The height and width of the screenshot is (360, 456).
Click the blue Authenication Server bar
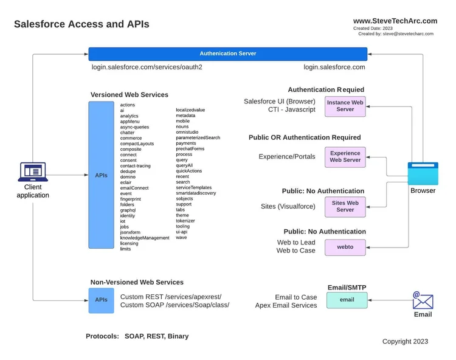tap(228, 54)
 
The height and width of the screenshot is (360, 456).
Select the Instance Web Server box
tap(345, 106)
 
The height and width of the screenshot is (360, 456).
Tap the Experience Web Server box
tap(345, 157)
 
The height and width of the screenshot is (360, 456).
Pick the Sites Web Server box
tap(345, 206)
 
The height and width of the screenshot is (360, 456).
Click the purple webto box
tap(345, 247)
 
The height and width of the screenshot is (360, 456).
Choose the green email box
tap(347, 300)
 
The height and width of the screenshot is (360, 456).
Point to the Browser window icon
tap(423, 173)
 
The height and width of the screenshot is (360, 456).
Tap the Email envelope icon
tap(423, 300)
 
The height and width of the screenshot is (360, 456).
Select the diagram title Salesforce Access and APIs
tap(81, 24)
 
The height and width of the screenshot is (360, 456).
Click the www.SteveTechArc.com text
tap(395, 21)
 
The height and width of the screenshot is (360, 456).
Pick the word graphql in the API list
tap(128, 210)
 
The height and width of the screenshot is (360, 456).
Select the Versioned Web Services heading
tap(130, 95)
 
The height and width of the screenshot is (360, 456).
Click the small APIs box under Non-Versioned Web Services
tap(101, 300)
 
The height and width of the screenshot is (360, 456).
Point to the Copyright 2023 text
tap(406, 342)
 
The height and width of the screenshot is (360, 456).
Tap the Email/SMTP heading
tap(347, 287)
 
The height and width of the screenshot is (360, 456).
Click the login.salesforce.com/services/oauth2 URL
tap(147, 67)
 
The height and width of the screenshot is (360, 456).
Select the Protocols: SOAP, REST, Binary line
tap(137, 336)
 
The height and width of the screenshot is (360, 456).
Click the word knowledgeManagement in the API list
tap(145, 238)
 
